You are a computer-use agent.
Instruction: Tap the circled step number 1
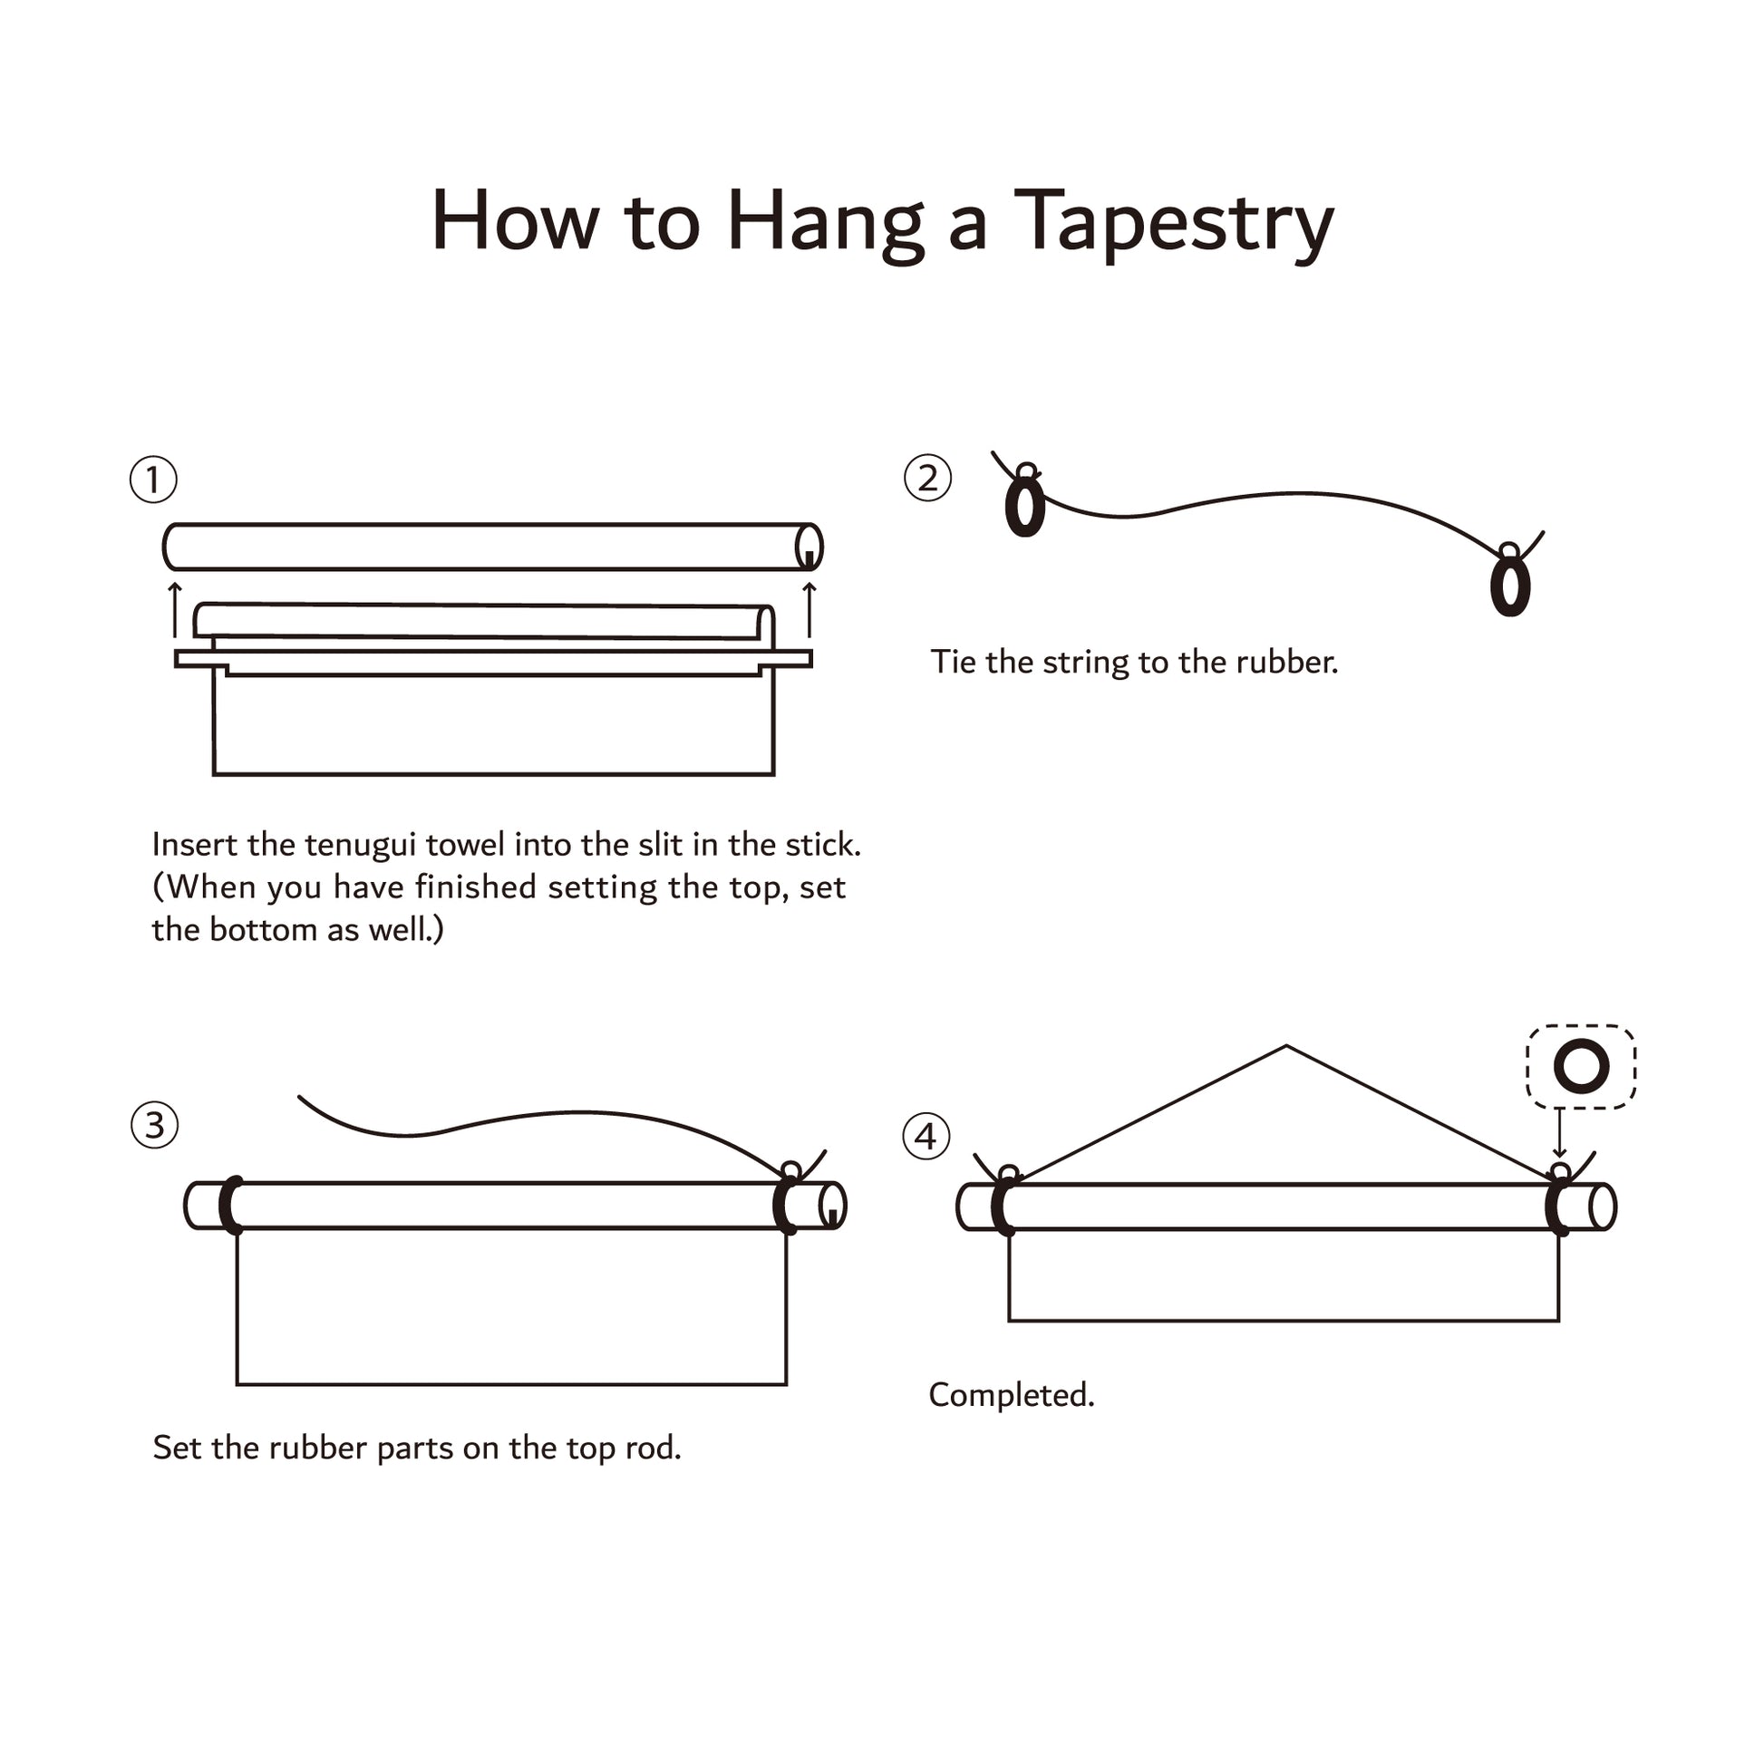click(153, 480)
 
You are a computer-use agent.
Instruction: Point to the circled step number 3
click(154, 1125)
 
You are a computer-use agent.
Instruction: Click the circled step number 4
click(926, 1137)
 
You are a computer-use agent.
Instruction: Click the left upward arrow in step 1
click(175, 610)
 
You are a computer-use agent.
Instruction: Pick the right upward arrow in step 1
click(809, 610)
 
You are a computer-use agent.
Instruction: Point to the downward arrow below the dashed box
click(1559, 1132)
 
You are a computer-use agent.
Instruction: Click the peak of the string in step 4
click(1286, 1046)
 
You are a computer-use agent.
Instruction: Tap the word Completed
click(1012, 1394)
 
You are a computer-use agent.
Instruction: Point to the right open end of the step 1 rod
click(809, 547)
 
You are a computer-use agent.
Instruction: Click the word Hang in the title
click(826, 222)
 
